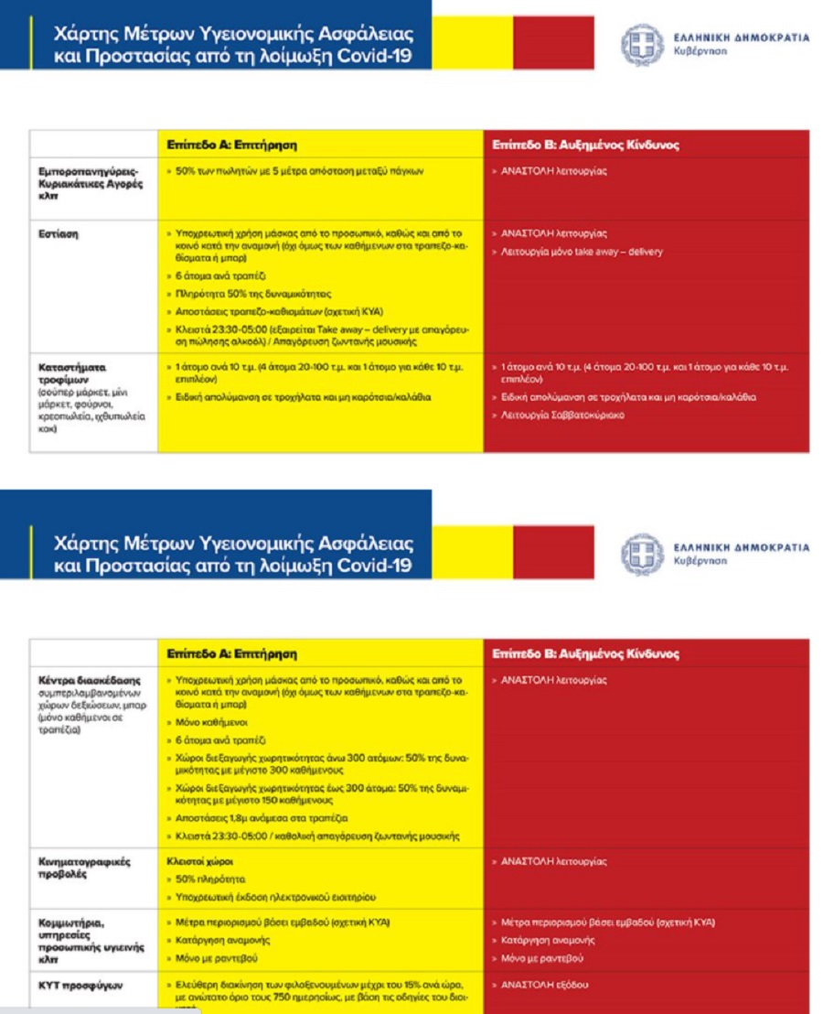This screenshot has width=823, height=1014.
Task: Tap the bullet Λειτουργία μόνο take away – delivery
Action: pyautogui.click(x=580, y=252)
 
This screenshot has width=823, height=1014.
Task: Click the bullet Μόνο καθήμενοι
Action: pyautogui.click(x=202, y=722)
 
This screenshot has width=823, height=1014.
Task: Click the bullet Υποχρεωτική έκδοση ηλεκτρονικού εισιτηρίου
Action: pyautogui.click(x=274, y=897)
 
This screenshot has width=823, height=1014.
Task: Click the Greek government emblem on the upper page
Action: pyautogui.click(x=642, y=43)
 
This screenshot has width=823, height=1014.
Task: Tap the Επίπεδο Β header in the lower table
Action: pyautogui.click(x=585, y=654)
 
